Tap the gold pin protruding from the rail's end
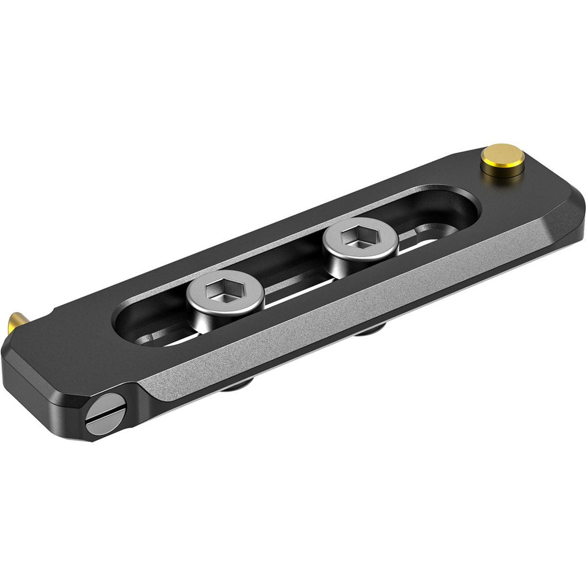click(x=13, y=322)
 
